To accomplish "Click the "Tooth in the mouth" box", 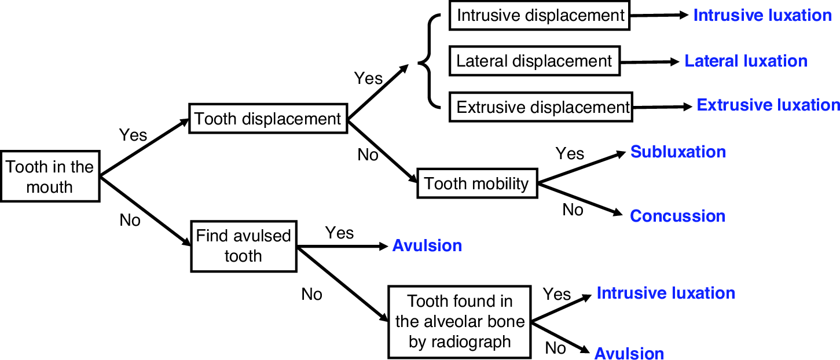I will click(49, 177).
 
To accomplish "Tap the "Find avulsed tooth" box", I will click(243, 246).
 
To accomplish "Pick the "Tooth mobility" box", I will click(476, 184).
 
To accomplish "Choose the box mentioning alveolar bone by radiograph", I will click(460, 321).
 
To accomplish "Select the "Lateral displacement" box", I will click(534, 61).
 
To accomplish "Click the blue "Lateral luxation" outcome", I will click(746, 61).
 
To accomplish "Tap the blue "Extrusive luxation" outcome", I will click(768, 105).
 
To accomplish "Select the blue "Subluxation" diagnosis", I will click(678, 152).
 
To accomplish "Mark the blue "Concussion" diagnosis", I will click(677, 216).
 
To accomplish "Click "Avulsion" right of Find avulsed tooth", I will click(427, 245).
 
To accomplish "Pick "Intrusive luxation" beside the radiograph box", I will click(666, 293).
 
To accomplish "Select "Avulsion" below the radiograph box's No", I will click(629, 352).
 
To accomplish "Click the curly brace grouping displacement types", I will click(428, 61).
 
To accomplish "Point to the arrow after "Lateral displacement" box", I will click(648, 61).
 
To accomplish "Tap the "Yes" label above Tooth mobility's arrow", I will click(570, 153).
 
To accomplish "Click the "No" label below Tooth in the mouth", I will click(130, 220).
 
